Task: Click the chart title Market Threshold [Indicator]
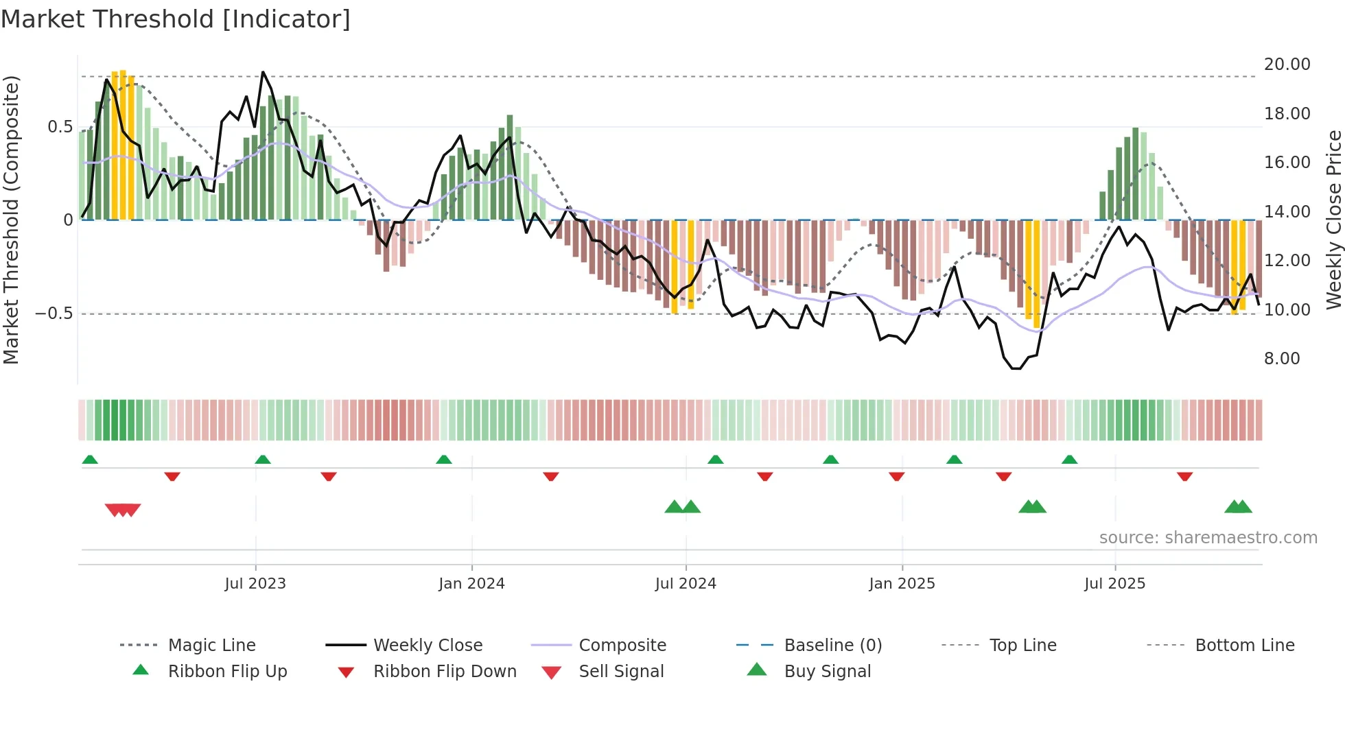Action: (x=176, y=19)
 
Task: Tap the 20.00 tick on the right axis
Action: (x=1287, y=64)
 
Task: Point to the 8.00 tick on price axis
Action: (x=1282, y=359)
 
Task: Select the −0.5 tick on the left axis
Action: (x=54, y=314)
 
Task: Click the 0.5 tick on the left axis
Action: (x=60, y=127)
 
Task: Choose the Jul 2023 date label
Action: (x=255, y=584)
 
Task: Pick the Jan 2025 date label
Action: (x=902, y=584)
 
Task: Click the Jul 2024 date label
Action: (x=686, y=584)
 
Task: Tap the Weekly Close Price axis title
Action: (x=1333, y=220)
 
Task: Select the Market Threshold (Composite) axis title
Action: (x=11, y=220)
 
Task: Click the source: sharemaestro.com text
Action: (x=1208, y=538)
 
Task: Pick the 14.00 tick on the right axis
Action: (x=1287, y=212)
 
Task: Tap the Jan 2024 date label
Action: (x=471, y=584)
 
